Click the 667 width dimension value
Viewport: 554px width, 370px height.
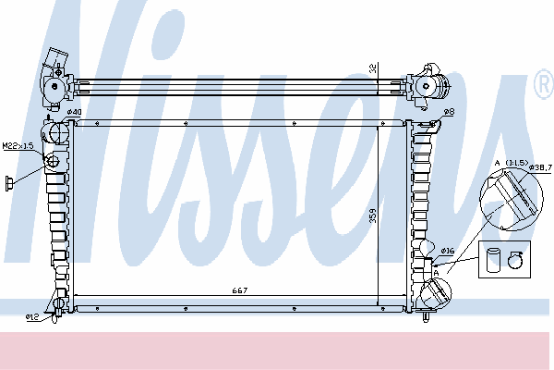[x=240, y=290]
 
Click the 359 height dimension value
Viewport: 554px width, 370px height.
[x=373, y=216]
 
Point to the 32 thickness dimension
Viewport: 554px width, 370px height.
[x=373, y=68]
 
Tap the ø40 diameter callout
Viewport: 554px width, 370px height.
[x=74, y=112]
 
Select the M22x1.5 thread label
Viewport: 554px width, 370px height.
[x=18, y=145]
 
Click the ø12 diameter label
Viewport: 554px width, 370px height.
[x=32, y=317]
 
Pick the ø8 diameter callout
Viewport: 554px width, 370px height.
[x=449, y=112]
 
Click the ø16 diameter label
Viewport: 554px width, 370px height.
[x=447, y=251]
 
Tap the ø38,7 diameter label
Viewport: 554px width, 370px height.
[x=540, y=166]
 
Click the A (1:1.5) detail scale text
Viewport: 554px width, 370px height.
[x=512, y=163]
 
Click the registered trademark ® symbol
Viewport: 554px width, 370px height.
[x=544, y=84]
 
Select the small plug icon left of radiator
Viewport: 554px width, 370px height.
[x=9, y=183]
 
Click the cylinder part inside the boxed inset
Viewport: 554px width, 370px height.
[x=493, y=260]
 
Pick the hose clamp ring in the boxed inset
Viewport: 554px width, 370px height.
[x=515, y=260]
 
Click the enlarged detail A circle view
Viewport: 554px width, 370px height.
[x=511, y=200]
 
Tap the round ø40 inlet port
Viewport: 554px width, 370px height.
[x=58, y=132]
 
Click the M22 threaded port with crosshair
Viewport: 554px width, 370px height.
[x=53, y=161]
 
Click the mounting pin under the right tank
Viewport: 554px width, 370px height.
[x=426, y=316]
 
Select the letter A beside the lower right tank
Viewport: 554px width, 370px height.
[x=437, y=273]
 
